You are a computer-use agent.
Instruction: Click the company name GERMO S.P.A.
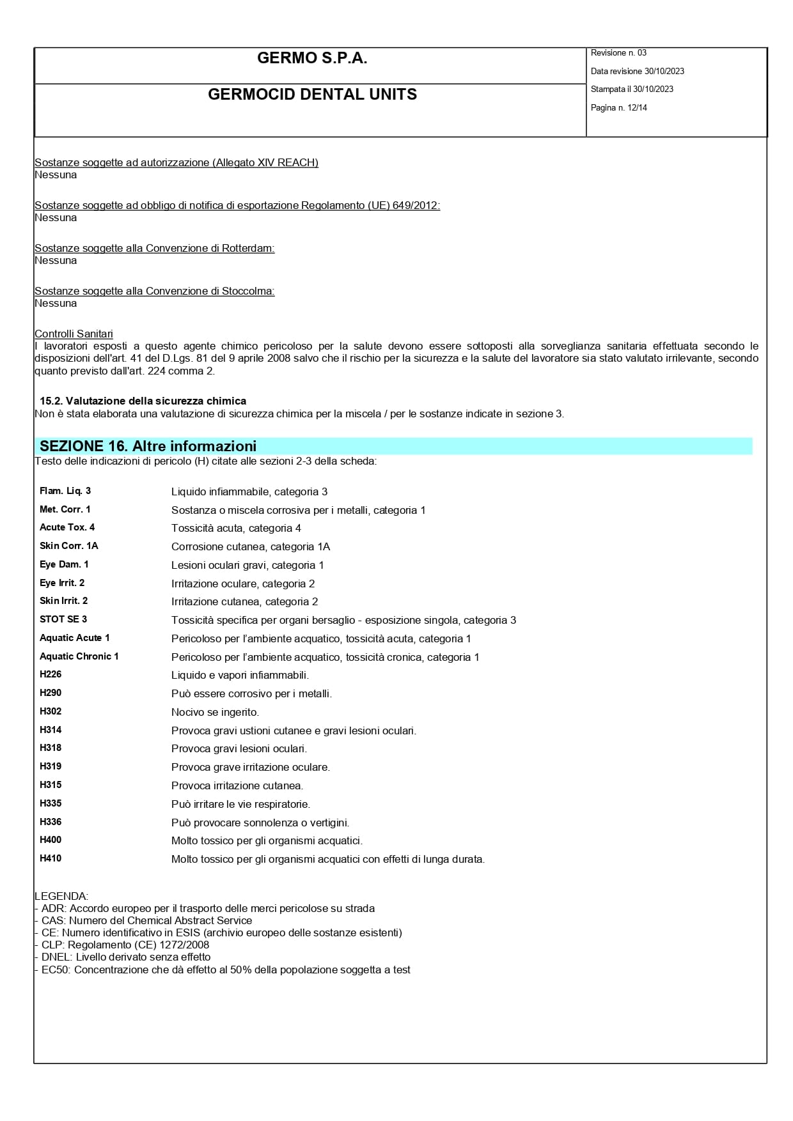click(312, 59)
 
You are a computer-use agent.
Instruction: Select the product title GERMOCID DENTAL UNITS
click(312, 95)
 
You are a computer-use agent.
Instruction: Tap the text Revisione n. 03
click(618, 53)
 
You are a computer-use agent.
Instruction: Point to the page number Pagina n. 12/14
click(618, 108)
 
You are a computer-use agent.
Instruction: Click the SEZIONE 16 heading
click(148, 446)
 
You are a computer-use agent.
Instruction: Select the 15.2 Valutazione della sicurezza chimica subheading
click(143, 401)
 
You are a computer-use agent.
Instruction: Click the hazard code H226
click(51, 674)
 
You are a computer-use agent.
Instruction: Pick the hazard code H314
click(51, 730)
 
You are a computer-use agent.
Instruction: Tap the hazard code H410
click(51, 858)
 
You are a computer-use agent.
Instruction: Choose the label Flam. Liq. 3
click(65, 491)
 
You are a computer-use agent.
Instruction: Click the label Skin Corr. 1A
click(69, 546)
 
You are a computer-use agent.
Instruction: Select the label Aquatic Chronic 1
click(79, 656)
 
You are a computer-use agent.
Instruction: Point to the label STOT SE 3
click(63, 619)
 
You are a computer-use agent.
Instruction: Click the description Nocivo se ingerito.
click(215, 712)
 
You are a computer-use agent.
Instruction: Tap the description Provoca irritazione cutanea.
click(237, 785)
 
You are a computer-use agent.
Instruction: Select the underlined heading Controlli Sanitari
click(74, 334)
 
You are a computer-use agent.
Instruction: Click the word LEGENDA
click(61, 896)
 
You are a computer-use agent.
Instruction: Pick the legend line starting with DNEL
click(123, 957)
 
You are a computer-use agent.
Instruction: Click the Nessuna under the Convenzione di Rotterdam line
click(56, 260)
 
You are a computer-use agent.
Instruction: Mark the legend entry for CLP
click(122, 945)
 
